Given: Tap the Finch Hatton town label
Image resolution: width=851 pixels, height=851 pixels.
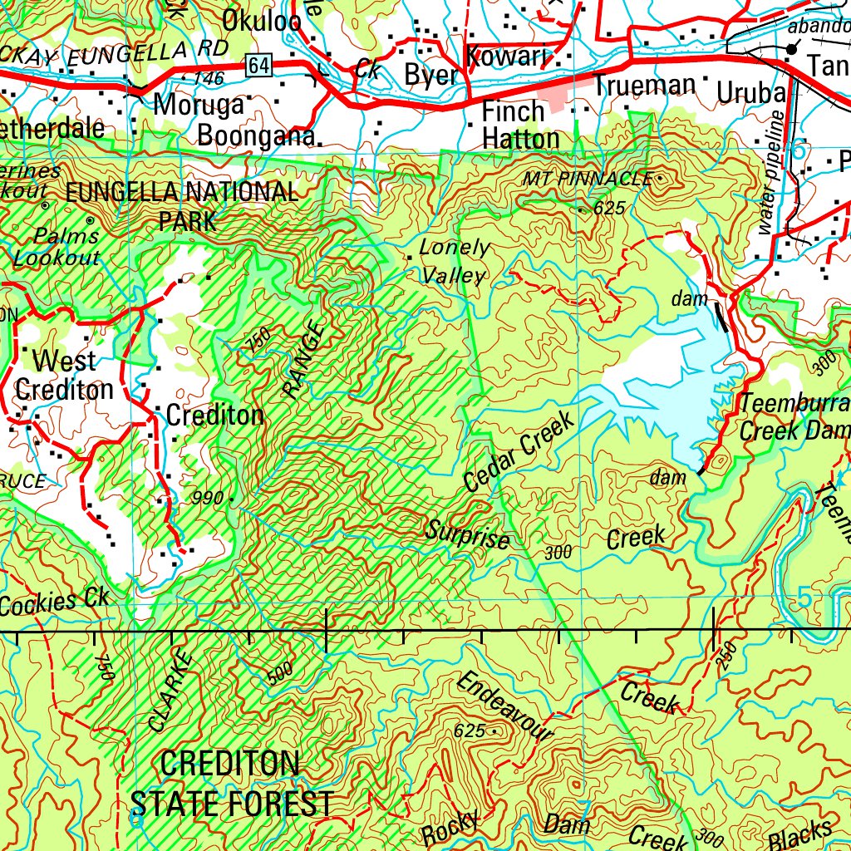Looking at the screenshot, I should (x=520, y=124).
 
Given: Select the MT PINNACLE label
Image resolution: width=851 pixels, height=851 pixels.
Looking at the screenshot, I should (x=588, y=179).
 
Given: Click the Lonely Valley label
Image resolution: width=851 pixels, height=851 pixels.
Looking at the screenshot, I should (x=453, y=261).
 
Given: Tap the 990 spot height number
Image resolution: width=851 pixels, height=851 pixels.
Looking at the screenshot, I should (x=207, y=499).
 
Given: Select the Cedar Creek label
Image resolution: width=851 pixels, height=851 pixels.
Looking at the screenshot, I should (x=519, y=451).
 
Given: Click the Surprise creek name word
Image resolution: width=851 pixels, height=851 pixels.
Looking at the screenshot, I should (x=468, y=533).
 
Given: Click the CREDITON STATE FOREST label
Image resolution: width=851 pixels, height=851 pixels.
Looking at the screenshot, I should (x=232, y=783).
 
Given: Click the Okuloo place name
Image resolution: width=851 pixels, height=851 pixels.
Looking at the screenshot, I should (x=261, y=21).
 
